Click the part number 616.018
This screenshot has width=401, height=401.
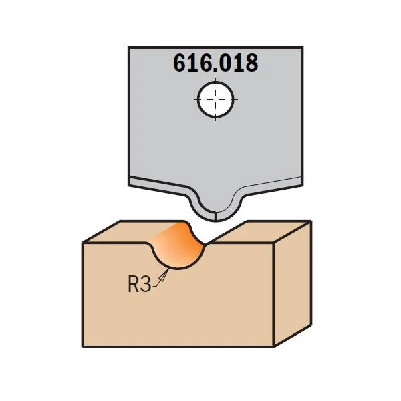pyautogui.click(x=216, y=63)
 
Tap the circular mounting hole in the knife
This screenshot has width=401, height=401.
pyautogui.click(x=216, y=99)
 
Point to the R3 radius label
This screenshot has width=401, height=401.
pyautogui.click(x=140, y=284)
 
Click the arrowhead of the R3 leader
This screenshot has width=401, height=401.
pyautogui.click(x=164, y=275)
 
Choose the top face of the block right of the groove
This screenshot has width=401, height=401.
pyautogui.click(x=258, y=231)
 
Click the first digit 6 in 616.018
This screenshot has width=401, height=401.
pyautogui.click(x=180, y=63)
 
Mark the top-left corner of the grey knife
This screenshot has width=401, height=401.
pyautogui.click(x=128, y=47)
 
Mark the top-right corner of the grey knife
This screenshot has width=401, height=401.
pyautogui.click(x=303, y=47)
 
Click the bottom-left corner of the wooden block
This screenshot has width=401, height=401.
pyautogui.click(x=83, y=347)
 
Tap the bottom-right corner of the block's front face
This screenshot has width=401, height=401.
pyautogui.click(x=273, y=347)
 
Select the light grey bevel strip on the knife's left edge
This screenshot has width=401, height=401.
pyautogui.click(x=158, y=187)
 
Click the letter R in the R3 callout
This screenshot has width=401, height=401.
pyautogui.click(x=134, y=284)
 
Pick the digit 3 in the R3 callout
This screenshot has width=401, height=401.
pyautogui.click(x=146, y=285)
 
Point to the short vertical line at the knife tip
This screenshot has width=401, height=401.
pyautogui.click(x=216, y=216)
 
